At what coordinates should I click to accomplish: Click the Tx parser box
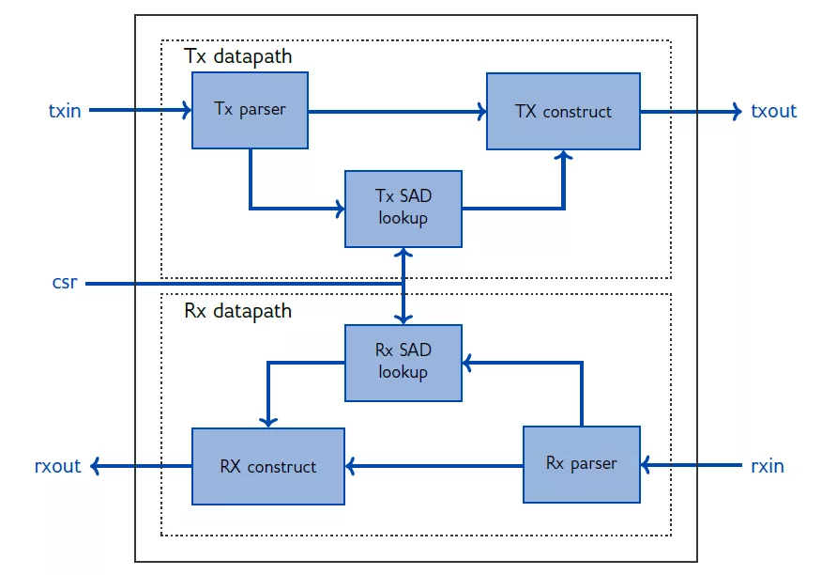[250, 110]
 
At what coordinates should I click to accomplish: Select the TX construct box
[563, 111]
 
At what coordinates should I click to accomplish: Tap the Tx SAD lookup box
[403, 208]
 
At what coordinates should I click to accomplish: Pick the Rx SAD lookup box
[403, 362]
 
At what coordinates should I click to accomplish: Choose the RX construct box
[267, 465]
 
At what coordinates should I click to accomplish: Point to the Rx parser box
[581, 463]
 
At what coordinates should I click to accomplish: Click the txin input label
[65, 111]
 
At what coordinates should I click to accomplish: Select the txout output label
[773, 111]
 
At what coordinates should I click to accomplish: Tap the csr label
[67, 282]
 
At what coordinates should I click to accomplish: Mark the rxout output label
[57, 465]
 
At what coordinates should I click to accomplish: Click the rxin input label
[767, 465]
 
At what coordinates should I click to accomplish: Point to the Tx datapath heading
[238, 56]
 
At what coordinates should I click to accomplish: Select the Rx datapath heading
[238, 311]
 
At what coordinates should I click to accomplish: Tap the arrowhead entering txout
[736, 111]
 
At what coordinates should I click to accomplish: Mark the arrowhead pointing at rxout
[98, 465]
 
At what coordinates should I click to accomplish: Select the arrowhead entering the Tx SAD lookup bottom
[403, 254]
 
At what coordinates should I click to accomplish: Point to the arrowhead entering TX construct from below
[563, 156]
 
